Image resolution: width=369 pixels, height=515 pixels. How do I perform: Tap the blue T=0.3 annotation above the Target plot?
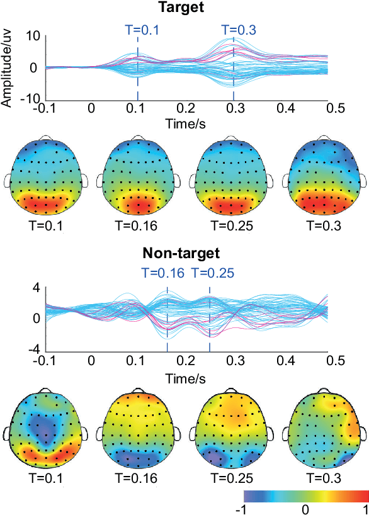click(x=240, y=29)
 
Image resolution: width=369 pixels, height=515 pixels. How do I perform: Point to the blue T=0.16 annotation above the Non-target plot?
click(x=162, y=273)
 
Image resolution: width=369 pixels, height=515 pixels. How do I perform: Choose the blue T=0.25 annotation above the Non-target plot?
click(x=213, y=273)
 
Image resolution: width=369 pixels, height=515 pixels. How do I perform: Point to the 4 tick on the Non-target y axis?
click(x=37, y=288)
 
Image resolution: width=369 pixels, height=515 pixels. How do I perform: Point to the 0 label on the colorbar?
click(x=305, y=507)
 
